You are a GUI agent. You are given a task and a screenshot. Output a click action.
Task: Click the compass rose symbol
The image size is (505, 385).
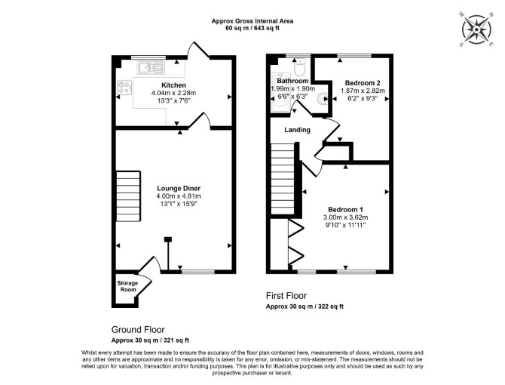tap(476, 29)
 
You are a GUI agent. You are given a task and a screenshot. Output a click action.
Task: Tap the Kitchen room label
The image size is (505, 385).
tap(173, 85)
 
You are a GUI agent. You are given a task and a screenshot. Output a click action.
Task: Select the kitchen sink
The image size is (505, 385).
tap(151, 68)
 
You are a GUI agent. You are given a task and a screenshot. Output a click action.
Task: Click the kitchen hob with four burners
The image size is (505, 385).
tap(124, 88)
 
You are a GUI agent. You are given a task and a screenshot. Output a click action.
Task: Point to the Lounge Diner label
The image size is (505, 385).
tap(179, 188)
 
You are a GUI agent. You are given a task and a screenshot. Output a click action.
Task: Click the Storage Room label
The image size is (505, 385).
tap(127, 286)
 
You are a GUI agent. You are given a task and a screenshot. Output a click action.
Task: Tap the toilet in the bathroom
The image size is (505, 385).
tap(299, 66)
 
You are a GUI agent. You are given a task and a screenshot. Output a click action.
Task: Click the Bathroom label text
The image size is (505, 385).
tap(292, 81)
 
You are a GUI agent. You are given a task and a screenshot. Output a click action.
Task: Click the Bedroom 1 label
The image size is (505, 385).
tap(345, 210)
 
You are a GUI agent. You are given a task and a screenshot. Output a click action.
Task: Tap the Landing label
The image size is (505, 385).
tap(297, 130)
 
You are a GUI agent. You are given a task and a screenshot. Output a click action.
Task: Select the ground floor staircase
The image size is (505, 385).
tap(128, 196)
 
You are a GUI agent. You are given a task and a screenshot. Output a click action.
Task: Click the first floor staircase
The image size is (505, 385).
tap(283, 179)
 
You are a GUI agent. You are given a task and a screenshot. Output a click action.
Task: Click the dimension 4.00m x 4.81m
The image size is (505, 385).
tap(179, 196)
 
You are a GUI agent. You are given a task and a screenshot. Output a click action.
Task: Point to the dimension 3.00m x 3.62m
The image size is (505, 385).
tap(345, 217)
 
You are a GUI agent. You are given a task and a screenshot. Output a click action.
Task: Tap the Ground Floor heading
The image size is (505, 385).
tap(138, 330)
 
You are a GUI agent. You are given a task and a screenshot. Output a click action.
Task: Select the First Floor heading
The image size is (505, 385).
tap(286, 296)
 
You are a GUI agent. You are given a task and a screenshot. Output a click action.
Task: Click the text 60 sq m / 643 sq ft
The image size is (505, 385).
tap(252, 28)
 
